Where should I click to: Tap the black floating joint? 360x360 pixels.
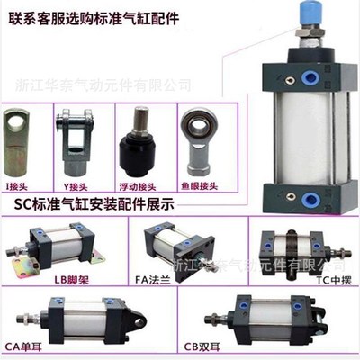point(140,144)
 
